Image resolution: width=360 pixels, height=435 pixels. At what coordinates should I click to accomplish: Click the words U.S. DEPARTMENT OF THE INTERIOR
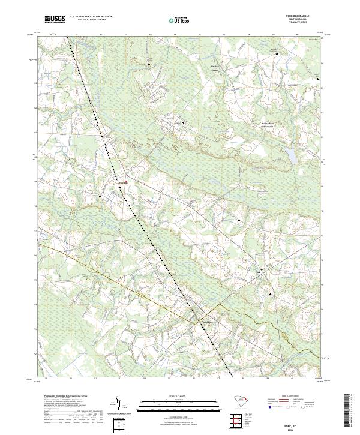coord(91,16)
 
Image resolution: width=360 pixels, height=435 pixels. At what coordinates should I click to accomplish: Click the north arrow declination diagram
coord(119,406)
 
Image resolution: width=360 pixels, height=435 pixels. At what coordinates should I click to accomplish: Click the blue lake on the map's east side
coord(290,155)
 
